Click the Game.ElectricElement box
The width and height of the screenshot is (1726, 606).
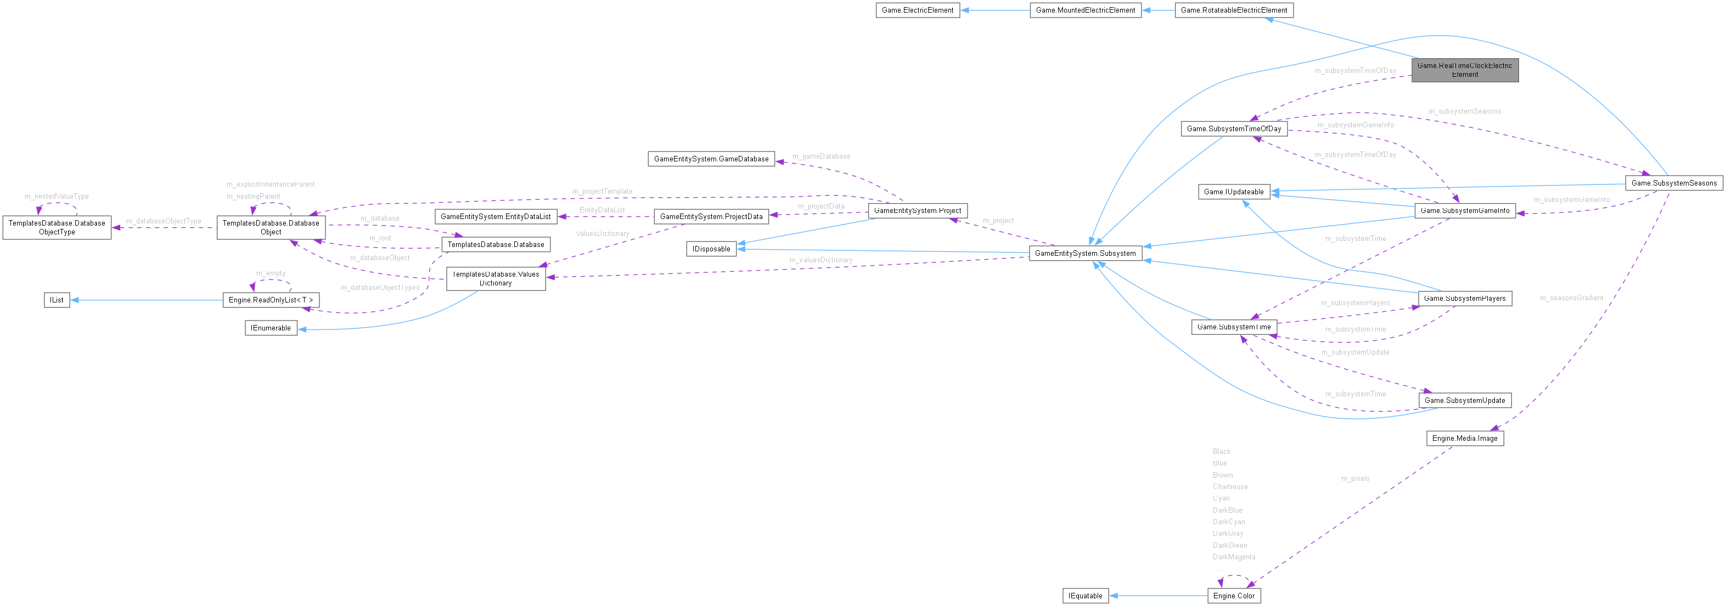917,10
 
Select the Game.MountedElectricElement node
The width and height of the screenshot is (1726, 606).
1085,10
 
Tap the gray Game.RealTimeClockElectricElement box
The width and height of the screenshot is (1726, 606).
1464,70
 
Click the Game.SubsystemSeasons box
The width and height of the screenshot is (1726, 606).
1673,183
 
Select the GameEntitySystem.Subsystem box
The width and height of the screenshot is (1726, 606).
1085,254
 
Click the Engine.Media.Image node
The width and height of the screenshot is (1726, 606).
1464,439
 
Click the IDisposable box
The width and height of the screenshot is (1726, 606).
711,249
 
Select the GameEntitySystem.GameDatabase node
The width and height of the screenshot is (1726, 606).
711,159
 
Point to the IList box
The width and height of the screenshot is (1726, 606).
57,300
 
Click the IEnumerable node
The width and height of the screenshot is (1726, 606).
271,328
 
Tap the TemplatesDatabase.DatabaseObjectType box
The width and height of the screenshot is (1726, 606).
57,227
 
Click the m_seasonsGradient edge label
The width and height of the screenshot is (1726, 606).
1571,298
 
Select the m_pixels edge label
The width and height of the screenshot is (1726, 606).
1355,479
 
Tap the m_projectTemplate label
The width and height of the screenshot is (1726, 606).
601,192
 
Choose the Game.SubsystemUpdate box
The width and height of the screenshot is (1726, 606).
1464,400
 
